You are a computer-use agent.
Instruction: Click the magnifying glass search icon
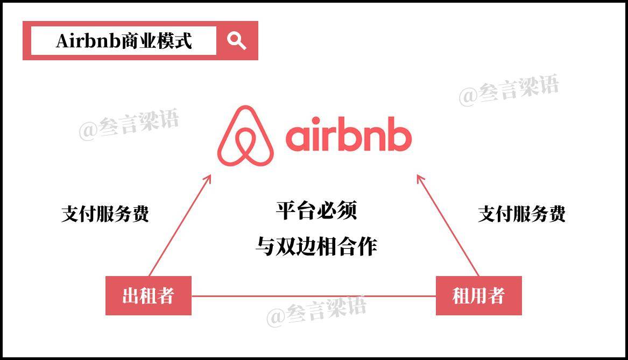(x=236, y=40)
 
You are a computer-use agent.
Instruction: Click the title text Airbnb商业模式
(x=124, y=41)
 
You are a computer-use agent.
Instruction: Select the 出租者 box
(x=149, y=295)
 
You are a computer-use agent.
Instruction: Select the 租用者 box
(x=478, y=295)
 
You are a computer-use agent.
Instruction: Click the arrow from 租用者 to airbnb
(x=448, y=225)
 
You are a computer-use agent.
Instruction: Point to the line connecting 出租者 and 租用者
(x=313, y=296)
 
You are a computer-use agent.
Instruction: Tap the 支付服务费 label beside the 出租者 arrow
(x=105, y=214)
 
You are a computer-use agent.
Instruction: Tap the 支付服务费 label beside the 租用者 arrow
(x=521, y=214)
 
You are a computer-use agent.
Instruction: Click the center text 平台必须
(x=316, y=210)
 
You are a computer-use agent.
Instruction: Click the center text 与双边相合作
(x=316, y=246)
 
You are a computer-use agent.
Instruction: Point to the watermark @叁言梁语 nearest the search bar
(x=129, y=125)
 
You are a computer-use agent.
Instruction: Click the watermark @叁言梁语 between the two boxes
(x=316, y=310)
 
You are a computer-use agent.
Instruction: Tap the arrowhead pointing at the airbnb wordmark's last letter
(x=419, y=178)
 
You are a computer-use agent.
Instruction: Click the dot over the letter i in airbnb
(x=316, y=119)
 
